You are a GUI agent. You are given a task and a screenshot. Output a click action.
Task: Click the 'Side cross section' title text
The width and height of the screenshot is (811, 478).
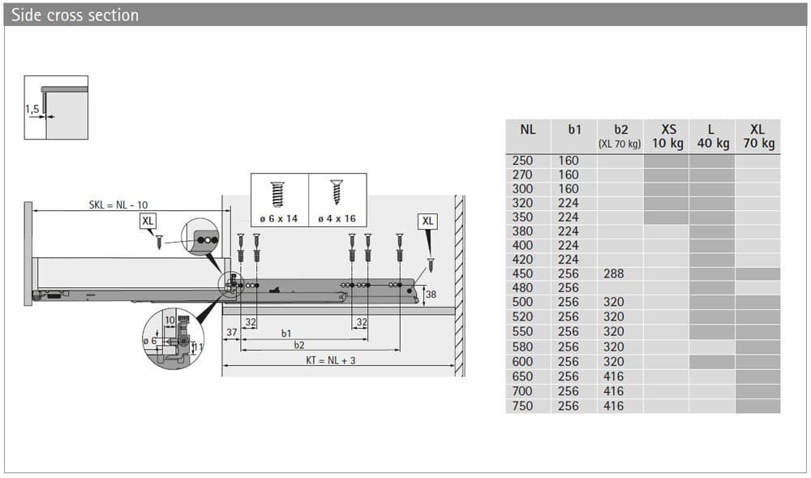(x=75, y=15)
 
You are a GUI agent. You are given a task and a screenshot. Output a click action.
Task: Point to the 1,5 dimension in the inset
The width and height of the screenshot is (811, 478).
(x=32, y=110)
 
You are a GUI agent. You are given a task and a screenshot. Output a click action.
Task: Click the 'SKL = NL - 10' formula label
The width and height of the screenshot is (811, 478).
(x=118, y=205)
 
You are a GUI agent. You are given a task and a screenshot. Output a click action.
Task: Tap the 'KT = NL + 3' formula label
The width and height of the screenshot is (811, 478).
(x=331, y=360)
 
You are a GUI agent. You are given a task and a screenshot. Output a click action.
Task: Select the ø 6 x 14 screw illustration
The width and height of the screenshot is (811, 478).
(x=277, y=195)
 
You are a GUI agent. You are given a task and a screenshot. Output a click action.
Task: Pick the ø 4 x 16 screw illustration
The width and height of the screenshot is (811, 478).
(x=337, y=192)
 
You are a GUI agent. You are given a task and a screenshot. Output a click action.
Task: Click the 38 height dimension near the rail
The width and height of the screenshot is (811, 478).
(x=431, y=295)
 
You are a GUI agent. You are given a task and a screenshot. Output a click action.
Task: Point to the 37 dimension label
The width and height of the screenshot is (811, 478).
(x=232, y=333)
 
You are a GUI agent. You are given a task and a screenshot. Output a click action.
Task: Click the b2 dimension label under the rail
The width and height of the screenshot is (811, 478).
(x=299, y=345)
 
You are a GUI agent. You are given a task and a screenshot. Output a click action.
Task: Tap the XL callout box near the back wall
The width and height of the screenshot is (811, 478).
(x=427, y=222)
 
